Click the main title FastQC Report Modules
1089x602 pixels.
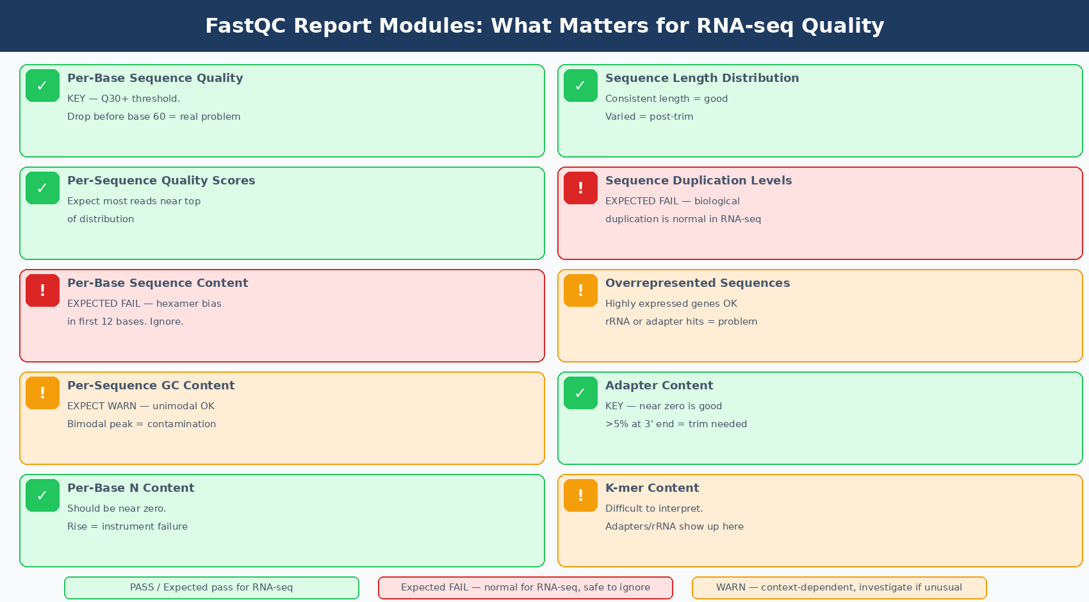(544, 26)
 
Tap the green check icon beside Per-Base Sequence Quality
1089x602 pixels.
(42, 86)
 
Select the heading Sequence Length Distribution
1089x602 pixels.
(701, 78)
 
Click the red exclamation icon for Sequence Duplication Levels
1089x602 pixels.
(580, 188)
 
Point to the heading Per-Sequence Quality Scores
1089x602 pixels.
(161, 181)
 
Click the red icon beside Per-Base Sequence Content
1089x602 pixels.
(42, 291)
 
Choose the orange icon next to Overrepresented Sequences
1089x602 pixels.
(580, 291)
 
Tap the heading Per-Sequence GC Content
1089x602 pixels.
(151, 386)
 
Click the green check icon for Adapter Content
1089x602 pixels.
(580, 393)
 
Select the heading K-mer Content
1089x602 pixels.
(651, 488)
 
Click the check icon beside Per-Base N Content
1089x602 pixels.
(42, 496)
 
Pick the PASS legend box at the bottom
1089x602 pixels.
(211, 587)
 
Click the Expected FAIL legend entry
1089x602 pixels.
(525, 587)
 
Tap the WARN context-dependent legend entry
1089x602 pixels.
(839, 587)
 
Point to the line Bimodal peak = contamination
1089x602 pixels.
(142, 424)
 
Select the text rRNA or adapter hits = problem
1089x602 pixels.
(681, 321)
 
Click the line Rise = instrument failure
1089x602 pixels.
(127, 526)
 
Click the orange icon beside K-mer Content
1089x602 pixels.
(580, 496)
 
